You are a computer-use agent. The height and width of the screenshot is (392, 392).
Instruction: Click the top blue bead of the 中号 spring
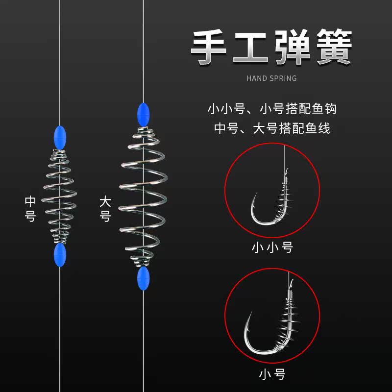click(x=58, y=135)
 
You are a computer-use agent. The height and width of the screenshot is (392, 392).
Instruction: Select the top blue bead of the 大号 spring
click(x=142, y=113)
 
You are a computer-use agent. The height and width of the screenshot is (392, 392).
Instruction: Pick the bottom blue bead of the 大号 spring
click(x=143, y=277)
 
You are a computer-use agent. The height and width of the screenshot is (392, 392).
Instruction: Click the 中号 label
click(x=30, y=209)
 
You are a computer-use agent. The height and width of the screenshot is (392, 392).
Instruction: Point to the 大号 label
click(x=105, y=209)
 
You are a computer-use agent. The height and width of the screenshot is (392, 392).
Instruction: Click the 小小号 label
click(x=272, y=247)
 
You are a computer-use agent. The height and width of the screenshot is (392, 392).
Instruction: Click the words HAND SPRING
click(x=271, y=78)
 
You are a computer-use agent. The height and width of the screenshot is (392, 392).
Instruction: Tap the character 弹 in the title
click(x=293, y=48)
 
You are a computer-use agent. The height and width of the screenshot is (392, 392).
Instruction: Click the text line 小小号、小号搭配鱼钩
click(x=271, y=108)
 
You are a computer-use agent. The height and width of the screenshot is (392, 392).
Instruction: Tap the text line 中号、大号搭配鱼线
click(x=271, y=129)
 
